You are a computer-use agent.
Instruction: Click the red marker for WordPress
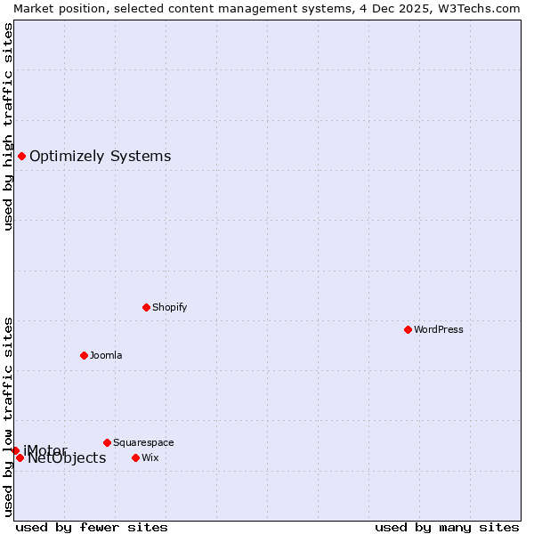coord(408,329)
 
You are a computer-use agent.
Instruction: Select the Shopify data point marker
coord(146,307)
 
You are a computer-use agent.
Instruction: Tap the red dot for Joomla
coord(84,355)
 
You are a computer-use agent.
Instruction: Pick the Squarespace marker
coord(107,442)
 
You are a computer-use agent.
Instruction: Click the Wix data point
coord(135,457)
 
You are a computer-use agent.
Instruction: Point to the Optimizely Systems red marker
coord(21,157)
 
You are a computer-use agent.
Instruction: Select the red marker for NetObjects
coord(20,458)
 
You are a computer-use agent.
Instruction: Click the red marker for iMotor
coord(15,450)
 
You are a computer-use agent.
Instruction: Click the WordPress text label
coord(439,329)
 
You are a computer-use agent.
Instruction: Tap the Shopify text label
coord(169,307)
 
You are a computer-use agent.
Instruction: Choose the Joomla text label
coord(106,355)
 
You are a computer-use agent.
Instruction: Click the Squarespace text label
coord(143,442)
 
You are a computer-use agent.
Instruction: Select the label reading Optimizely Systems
coord(100,157)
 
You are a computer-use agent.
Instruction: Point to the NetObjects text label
coord(67,458)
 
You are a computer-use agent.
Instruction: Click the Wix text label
coord(150,457)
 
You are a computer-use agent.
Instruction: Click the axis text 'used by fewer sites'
coord(92,527)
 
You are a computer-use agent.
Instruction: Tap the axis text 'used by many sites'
coord(447,527)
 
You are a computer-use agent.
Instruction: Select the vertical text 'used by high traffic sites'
coord(8,126)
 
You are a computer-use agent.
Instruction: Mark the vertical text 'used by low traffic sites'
coord(8,416)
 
